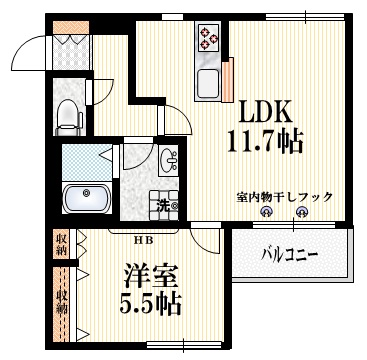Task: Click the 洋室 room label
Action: pyautogui.click(x=146, y=274)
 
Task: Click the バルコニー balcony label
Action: pyautogui.click(x=291, y=257)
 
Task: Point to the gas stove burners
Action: pyautogui.click(x=210, y=39)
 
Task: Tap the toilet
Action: pyautogui.click(x=68, y=116)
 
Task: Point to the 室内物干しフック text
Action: pyautogui.click(x=285, y=197)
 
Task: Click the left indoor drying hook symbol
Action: pyautogui.click(x=265, y=211)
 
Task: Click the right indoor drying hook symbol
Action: pyautogui.click(x=306, y=211)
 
